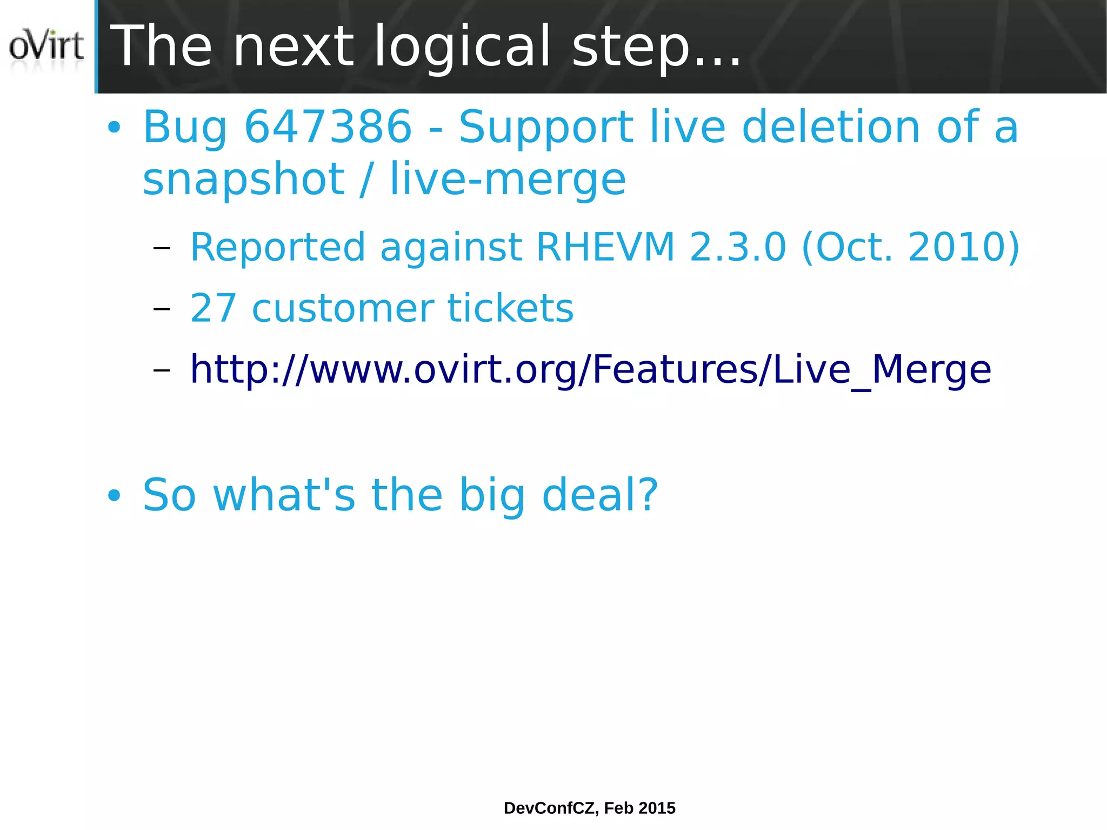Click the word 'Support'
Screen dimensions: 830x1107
coord(546,128)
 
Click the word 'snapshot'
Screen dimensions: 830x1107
coord(243,180)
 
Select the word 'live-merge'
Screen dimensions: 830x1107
coord(508,180)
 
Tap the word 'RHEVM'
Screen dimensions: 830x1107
coord(605,247)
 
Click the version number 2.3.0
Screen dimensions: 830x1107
coord(737,247)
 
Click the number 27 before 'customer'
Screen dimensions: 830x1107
coord(213,308)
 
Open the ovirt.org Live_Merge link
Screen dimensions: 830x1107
coord(590,370)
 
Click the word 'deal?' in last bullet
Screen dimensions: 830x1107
coord(600,495)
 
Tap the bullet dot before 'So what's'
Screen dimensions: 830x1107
coord(114,495)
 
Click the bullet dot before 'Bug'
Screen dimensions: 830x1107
coord(114,128)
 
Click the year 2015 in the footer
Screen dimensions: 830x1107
coord(657,808)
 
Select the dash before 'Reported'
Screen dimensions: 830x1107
coord(162,248)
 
